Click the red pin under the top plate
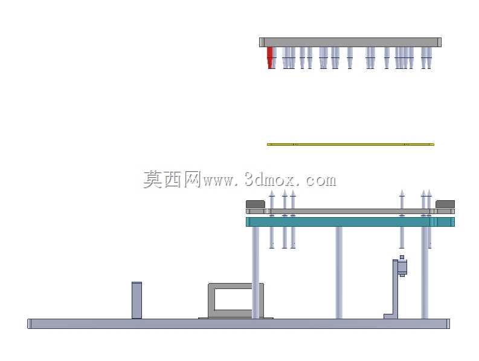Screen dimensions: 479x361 pos(270,58)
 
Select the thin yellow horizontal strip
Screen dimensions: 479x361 pos(350,145)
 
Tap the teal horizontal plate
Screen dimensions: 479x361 pos(350,222)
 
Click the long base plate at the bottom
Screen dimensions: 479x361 pos(239,324)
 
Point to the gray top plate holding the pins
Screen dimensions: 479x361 pos(350,42)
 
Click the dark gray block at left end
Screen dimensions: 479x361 pos(256,204)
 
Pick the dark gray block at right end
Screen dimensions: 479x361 pos(445,204)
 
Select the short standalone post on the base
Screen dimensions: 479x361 pos(137,300)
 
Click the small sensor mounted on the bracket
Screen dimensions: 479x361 pos(402,266)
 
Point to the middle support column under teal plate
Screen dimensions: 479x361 pos(339,273)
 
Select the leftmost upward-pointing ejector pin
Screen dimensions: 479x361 pos(272,219)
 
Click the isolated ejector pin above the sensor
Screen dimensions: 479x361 pos(402,219)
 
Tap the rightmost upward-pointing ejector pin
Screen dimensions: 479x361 pos(429,219)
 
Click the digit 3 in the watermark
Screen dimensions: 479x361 pos(250,180)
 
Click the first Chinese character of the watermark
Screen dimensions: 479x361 pos(153,179)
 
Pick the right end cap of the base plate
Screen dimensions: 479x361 pos(448,324)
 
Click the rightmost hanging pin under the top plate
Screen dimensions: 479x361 pos(429,58)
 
